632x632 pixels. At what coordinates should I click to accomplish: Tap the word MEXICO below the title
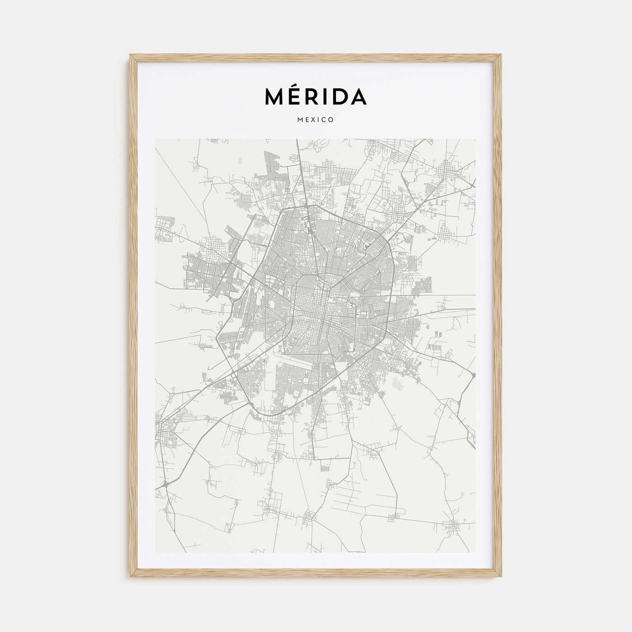[x=316, y=120]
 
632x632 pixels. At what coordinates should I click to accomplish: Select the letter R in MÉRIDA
[x=314, y=96]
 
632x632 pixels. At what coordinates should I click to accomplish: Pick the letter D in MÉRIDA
[x=339, y=96]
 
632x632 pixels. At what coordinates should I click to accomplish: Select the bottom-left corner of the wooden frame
[x=131, y=576]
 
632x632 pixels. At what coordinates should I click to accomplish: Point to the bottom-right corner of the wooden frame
[x=501, y=576]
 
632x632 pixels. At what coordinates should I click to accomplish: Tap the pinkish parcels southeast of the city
[x=397, y=384]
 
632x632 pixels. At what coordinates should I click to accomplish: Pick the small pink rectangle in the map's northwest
[x=239, y=159]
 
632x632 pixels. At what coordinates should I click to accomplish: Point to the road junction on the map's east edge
[x=472, y=374]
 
